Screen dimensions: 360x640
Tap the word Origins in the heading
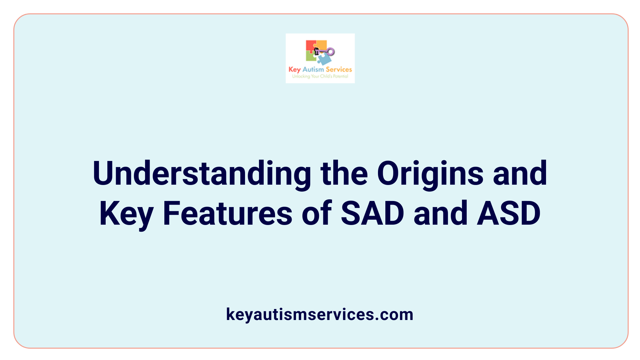tap(430, 173)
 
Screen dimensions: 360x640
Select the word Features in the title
tap(227, 213)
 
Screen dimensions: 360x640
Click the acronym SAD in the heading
tap(372, 213)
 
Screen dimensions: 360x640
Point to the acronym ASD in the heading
tap(509, 213)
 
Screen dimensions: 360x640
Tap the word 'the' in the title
tap(344, 173)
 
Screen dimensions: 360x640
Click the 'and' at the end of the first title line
tap(520, 173)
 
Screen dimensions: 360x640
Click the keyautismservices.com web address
tap(320, 314)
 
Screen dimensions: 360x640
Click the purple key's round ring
tap(331, 52)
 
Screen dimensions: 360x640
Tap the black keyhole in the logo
tap(317, 51)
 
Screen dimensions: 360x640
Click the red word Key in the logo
tap(294, 70)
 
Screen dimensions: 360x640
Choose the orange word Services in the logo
tap(339, 69)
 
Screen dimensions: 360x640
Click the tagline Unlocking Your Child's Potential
tap(320, 76)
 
